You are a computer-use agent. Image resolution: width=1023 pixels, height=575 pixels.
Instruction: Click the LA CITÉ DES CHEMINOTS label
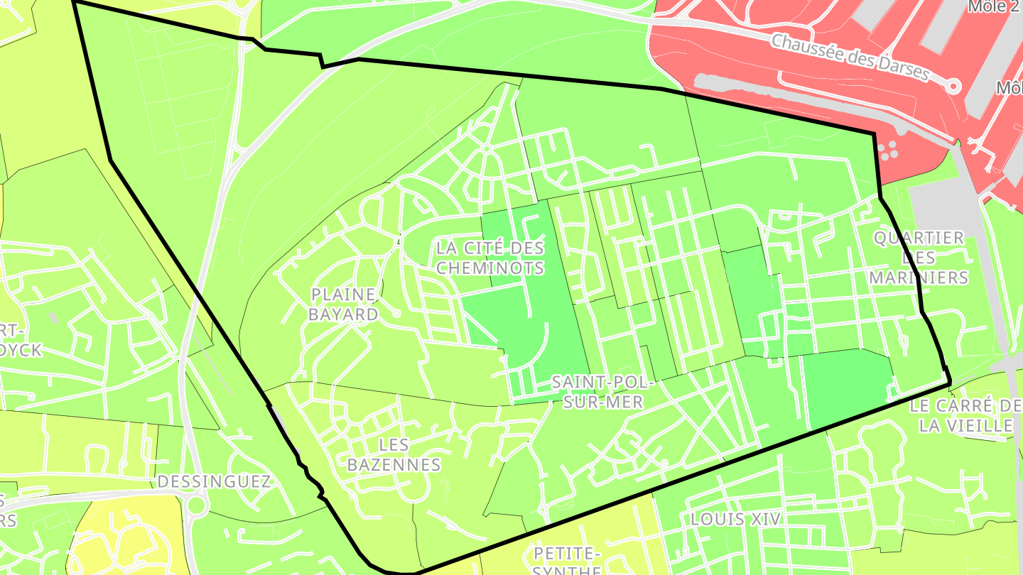pyautogui.click(x=490, y=258)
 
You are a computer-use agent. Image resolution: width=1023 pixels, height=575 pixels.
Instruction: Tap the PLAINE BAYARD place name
pyautogui.click(x=343, y=305)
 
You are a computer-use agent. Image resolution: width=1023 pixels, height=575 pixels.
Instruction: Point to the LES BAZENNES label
pyautogui.click(x=394, y=455)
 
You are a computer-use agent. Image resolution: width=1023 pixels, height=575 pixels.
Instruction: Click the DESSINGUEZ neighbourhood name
pyautogui.click(x=214, y=482)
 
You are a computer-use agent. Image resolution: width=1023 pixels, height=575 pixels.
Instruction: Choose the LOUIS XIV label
pyautogui.click(x=736, y=519)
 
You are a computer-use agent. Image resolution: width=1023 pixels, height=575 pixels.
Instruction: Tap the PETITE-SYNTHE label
pyautogui.click(x=567, y=561)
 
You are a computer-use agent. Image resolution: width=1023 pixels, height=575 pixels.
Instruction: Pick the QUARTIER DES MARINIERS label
pyautogui.click(x=919, y=257)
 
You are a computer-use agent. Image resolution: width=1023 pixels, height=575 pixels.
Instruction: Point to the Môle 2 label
pyautogui.click(x=996, y=6)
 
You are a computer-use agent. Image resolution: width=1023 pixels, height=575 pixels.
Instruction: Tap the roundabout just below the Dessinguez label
pyautogui.click(x=197, y=506)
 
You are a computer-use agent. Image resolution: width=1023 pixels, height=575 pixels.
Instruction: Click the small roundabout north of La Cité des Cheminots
pyautogui.click(x=486, y=149)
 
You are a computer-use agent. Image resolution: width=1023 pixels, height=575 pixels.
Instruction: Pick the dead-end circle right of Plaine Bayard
pyautogui.click(x=396, y=313)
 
